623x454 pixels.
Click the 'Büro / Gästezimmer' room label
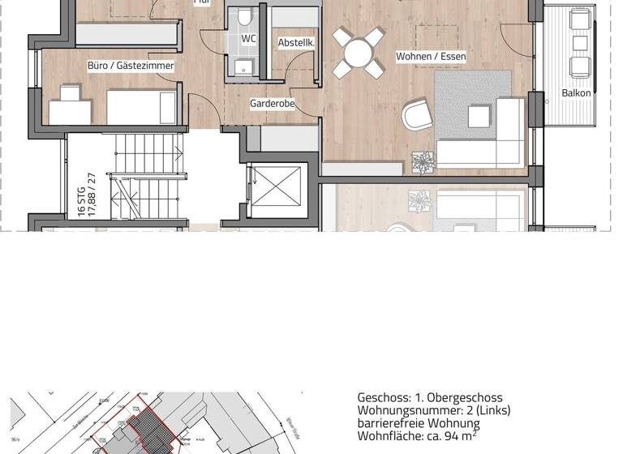click(131, 66)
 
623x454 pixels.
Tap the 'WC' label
click(248, 38)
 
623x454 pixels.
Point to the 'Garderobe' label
click(272, 104)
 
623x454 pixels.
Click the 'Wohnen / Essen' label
click(431, 57)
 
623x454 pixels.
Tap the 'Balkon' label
click(576, 93)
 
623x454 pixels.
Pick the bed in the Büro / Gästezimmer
click(143, 107)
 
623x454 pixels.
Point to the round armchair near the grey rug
click(417, 115)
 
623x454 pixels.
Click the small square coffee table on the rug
click(479, 117)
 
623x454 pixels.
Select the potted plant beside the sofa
click(423, 161)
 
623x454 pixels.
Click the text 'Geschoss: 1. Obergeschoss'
click(429, 397)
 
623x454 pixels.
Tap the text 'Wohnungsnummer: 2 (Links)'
click(433, 410)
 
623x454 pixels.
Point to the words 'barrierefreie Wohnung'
click(418, 423)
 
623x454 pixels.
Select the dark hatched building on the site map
click(150, 425)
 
